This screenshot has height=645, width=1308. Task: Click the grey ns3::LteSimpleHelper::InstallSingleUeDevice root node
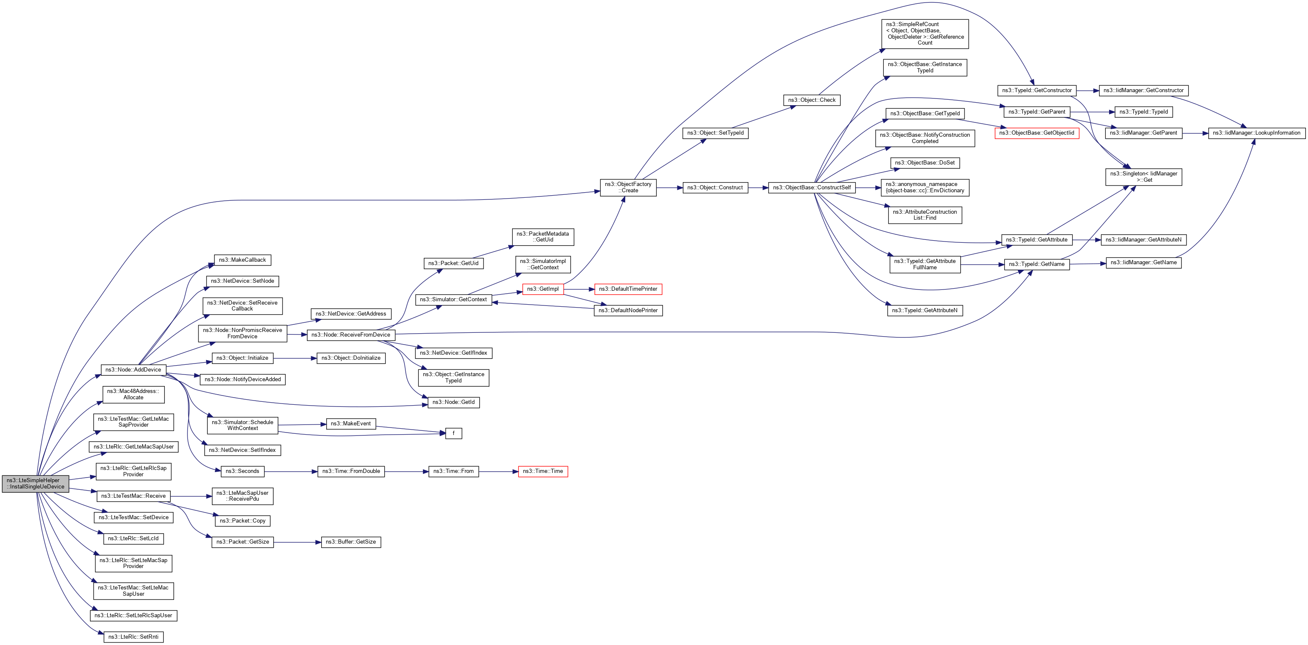tap(35, 483)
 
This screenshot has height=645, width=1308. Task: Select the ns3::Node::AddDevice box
tap(133, 369)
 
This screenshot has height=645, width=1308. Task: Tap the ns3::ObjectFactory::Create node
tap(628, 187)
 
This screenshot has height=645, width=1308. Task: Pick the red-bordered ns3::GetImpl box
tap(542, 289)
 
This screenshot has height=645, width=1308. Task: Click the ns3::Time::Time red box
tap(542, 471)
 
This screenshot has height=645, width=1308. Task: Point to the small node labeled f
tap(453, 433)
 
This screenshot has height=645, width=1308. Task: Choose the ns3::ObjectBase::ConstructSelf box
tap(811, 188)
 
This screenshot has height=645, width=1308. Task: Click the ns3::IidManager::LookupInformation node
tap(1256, 133)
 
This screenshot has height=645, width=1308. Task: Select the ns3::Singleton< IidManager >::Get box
tap(1144, 177)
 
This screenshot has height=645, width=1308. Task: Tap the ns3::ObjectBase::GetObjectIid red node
tap(1036, 133)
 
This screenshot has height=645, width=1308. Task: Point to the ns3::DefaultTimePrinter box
tap(628, 289)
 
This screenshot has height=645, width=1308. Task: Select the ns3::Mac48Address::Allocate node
tap(133, 394)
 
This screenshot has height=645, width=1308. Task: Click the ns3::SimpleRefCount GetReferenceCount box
tap(925, 34)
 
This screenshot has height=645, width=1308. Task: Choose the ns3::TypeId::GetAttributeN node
tap(924, 310)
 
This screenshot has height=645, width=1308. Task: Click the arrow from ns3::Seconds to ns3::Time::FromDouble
tap(291, 472)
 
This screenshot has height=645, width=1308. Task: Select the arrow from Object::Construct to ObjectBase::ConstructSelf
tap(758, 188)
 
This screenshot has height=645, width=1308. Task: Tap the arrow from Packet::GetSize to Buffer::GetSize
tap(297, 542)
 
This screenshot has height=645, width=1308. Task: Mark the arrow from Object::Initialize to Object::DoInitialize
tap(294, 358)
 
